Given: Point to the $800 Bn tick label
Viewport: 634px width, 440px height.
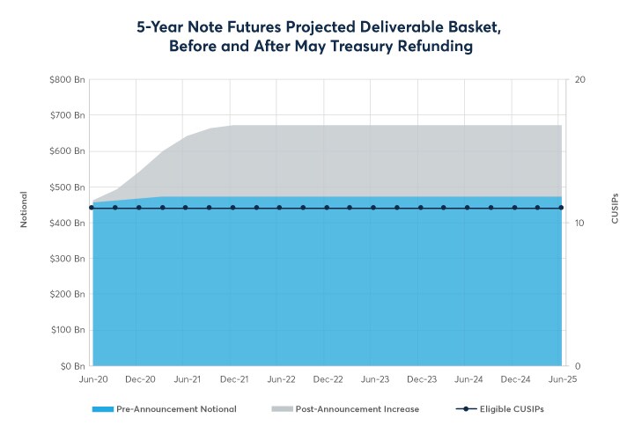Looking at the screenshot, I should (x=67, y=79).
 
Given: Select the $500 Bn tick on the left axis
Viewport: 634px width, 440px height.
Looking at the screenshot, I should (x=67, y=187).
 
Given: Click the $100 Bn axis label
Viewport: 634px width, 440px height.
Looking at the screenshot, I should (x=67, y=330).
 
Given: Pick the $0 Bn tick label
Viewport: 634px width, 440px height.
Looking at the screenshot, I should (x=71, y=366).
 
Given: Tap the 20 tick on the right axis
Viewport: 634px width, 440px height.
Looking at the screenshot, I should (x=580, y=79).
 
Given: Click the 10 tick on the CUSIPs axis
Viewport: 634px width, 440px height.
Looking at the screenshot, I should (x=580, y=223).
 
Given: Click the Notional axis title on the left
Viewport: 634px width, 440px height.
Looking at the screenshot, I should (x=25, y=209).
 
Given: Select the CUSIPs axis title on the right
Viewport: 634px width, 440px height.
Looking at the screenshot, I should (x=615, y=208).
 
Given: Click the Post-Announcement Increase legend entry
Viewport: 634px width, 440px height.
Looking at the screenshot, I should (x=345, y=409).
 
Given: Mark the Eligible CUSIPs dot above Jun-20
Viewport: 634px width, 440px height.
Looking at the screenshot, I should (x=92, y=208).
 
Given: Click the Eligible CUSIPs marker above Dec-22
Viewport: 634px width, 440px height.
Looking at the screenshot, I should (x=327, y=208).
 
